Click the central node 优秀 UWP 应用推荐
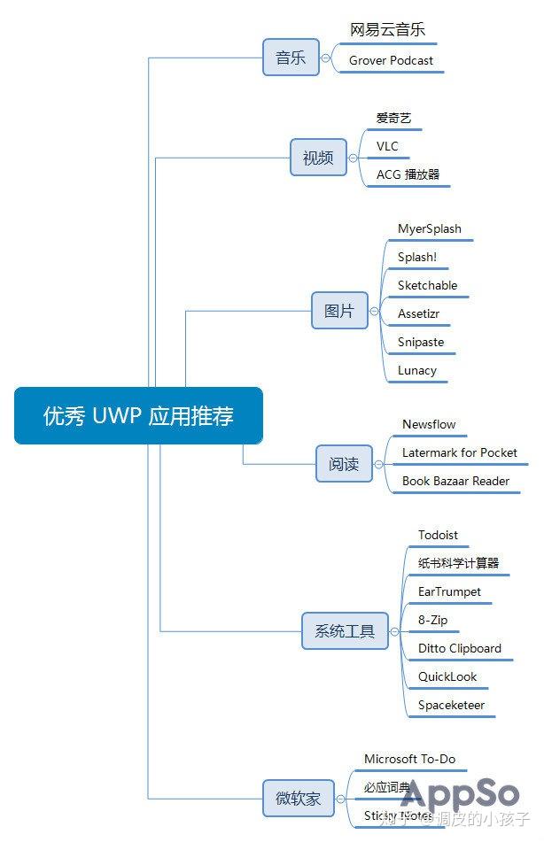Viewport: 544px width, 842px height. click(138, 415)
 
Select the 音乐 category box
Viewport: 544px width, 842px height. click(291, 58)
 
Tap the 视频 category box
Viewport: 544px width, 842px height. click(318, 158)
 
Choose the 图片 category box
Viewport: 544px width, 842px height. click(339, 311)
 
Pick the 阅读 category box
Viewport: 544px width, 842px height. click(344, 464)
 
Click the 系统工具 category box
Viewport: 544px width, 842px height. click(345, 631)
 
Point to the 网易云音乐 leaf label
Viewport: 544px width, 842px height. click(387, 30)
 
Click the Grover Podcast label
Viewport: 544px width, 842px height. click(391, 60)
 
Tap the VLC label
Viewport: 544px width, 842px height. click(387, 146)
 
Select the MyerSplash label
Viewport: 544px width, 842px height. click(429, 228)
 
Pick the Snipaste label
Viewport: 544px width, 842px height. click(421, 342)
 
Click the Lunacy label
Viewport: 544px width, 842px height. click(416, 370)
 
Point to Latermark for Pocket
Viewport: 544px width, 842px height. click(459, 452)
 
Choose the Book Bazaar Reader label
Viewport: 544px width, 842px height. click(455, 481)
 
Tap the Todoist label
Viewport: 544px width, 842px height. click(438, 535)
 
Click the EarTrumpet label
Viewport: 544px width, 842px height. click(449, 591)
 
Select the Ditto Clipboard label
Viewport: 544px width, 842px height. click(459, 648)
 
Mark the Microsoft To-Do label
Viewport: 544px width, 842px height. click(409, 759)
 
